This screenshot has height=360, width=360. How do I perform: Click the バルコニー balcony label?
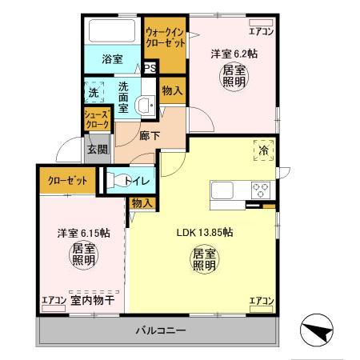click(155, 330)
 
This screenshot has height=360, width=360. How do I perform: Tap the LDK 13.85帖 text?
click(204, 233)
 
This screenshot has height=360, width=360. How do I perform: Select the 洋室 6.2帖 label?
click(234, 54)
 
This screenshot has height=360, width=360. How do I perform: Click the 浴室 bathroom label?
click(111, 58)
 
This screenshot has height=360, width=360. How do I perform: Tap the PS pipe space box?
click(150, 68)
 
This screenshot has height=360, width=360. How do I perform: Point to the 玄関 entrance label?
click(97, 147)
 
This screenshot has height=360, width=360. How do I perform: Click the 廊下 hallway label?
click(148, 136)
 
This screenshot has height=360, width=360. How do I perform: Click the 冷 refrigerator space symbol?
click(262, 150)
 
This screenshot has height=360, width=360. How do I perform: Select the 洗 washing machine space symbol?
click(94, 90)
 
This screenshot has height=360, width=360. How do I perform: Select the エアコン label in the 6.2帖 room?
click(260, 32)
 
